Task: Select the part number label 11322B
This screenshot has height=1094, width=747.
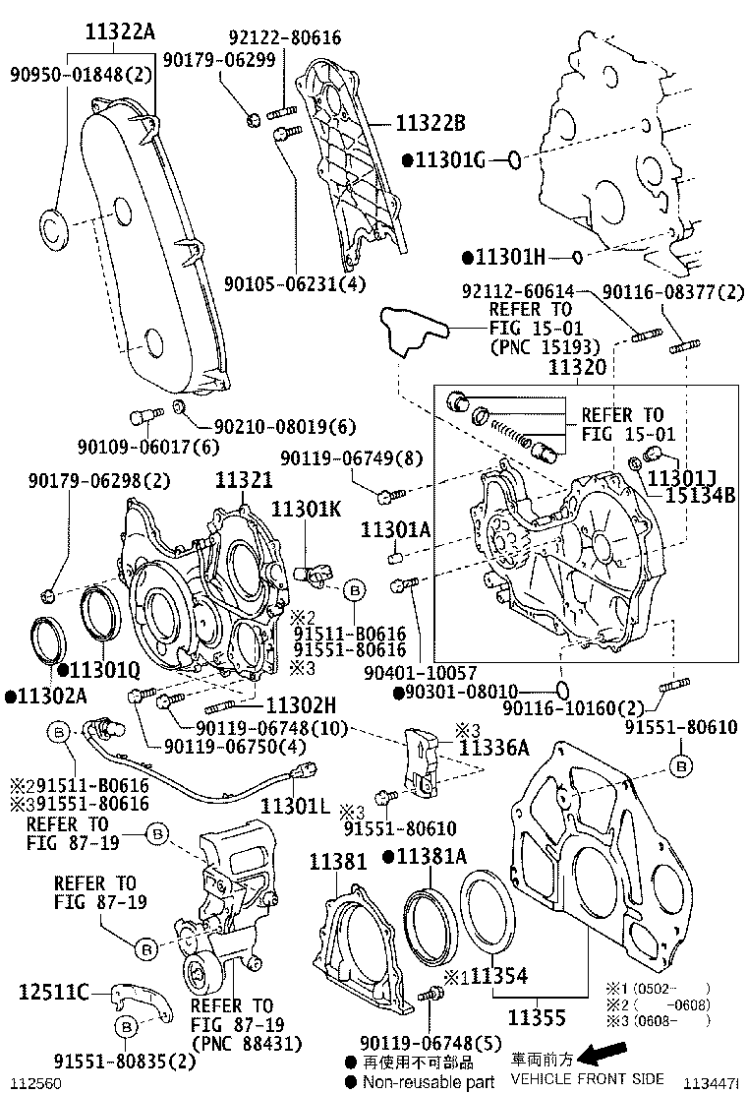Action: [x=430, y=123]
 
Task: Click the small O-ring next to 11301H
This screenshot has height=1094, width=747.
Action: [x=578, y=257]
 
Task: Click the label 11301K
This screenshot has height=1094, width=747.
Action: [x=307, y=509]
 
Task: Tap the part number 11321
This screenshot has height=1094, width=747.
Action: [x=244, y=480]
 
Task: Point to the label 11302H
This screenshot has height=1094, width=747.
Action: [x=302, y=704]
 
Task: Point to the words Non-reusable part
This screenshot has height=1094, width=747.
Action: [x=428, y=1082]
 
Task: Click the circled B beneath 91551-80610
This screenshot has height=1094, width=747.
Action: [x=680, y=764]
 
